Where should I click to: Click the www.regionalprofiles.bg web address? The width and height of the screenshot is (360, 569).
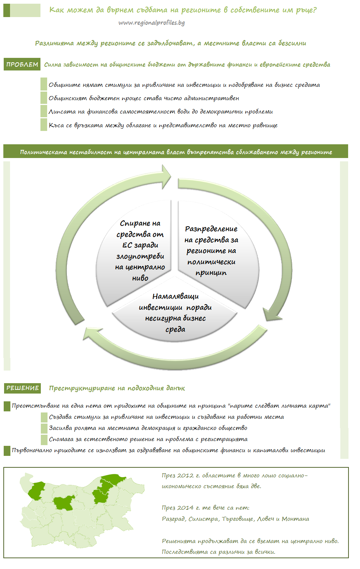151,23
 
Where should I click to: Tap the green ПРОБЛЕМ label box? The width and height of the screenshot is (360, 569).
22,64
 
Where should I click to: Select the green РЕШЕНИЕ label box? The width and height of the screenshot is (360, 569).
22,388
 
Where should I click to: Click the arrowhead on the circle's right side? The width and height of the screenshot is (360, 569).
273,314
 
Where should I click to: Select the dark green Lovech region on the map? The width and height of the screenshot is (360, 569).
64,503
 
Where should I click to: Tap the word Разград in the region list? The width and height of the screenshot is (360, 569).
173,519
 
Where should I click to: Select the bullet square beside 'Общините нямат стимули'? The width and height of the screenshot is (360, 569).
44,84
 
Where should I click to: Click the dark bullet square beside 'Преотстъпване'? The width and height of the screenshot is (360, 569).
7,406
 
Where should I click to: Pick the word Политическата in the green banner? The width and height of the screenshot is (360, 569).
43,152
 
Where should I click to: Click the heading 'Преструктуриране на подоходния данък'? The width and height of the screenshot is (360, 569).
117,388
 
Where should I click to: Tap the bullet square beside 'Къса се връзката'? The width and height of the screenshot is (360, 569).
44,125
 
